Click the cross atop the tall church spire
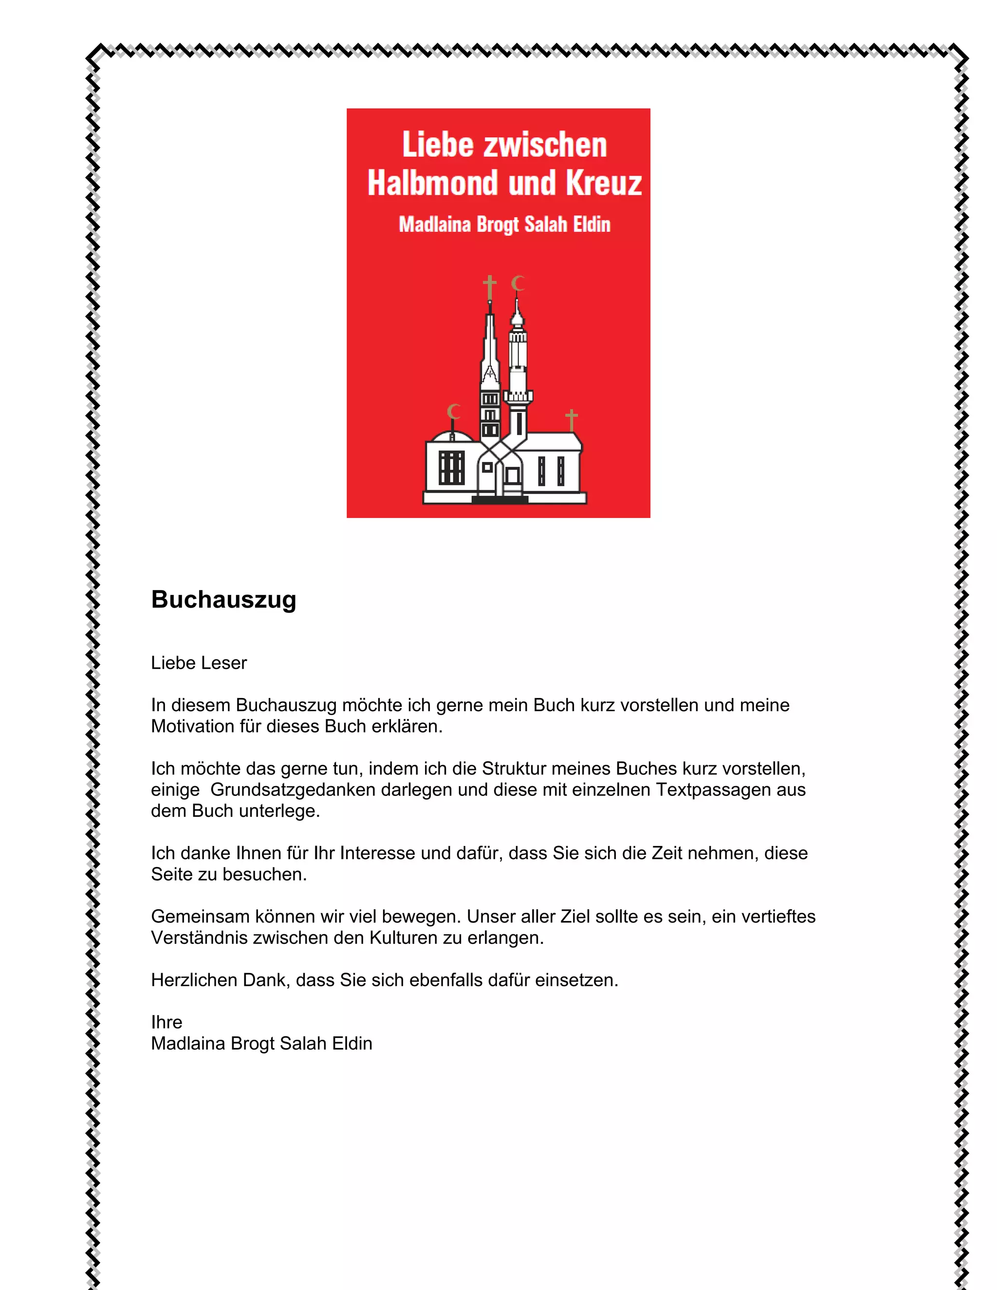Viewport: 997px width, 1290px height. pos(489,288)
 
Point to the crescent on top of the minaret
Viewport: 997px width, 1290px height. pos(518,283)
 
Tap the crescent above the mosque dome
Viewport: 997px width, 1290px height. pos(454,411)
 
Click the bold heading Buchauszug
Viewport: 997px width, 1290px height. pos(223,600)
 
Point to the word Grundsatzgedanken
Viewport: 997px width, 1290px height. pos(293,790)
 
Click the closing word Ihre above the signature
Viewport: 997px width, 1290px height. pos(166,1022)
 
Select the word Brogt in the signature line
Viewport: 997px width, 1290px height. pos(252,1044)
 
